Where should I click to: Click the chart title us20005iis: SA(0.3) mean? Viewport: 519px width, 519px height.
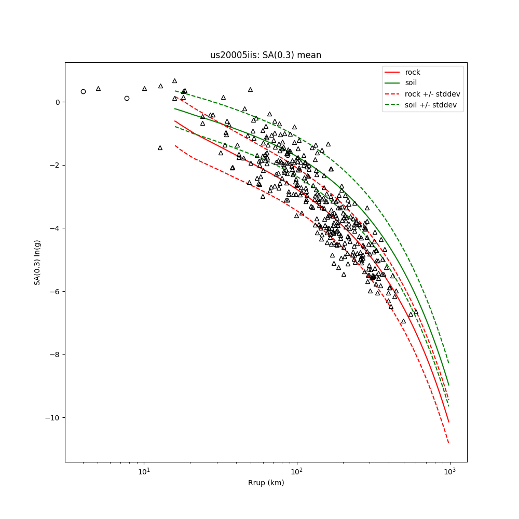click(x=265, y=55)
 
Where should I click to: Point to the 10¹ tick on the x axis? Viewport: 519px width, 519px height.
click(x=144, y=471)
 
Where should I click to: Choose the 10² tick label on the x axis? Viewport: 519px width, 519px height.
click(x=297, y=471)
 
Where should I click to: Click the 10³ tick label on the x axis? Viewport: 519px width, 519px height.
click(x=449, y=471)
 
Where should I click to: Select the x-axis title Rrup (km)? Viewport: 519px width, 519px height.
click(x=266, y=483)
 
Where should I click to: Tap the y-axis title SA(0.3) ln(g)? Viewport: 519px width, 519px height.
click(x=37, y=262)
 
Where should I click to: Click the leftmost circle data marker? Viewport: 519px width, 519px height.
click(x=83, y=91)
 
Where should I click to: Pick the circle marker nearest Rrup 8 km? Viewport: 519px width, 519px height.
click(x=127, y=98)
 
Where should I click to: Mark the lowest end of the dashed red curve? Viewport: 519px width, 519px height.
click(x=448, y=443)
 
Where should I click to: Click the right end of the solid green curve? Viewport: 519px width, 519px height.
click(x=448, y=385)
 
